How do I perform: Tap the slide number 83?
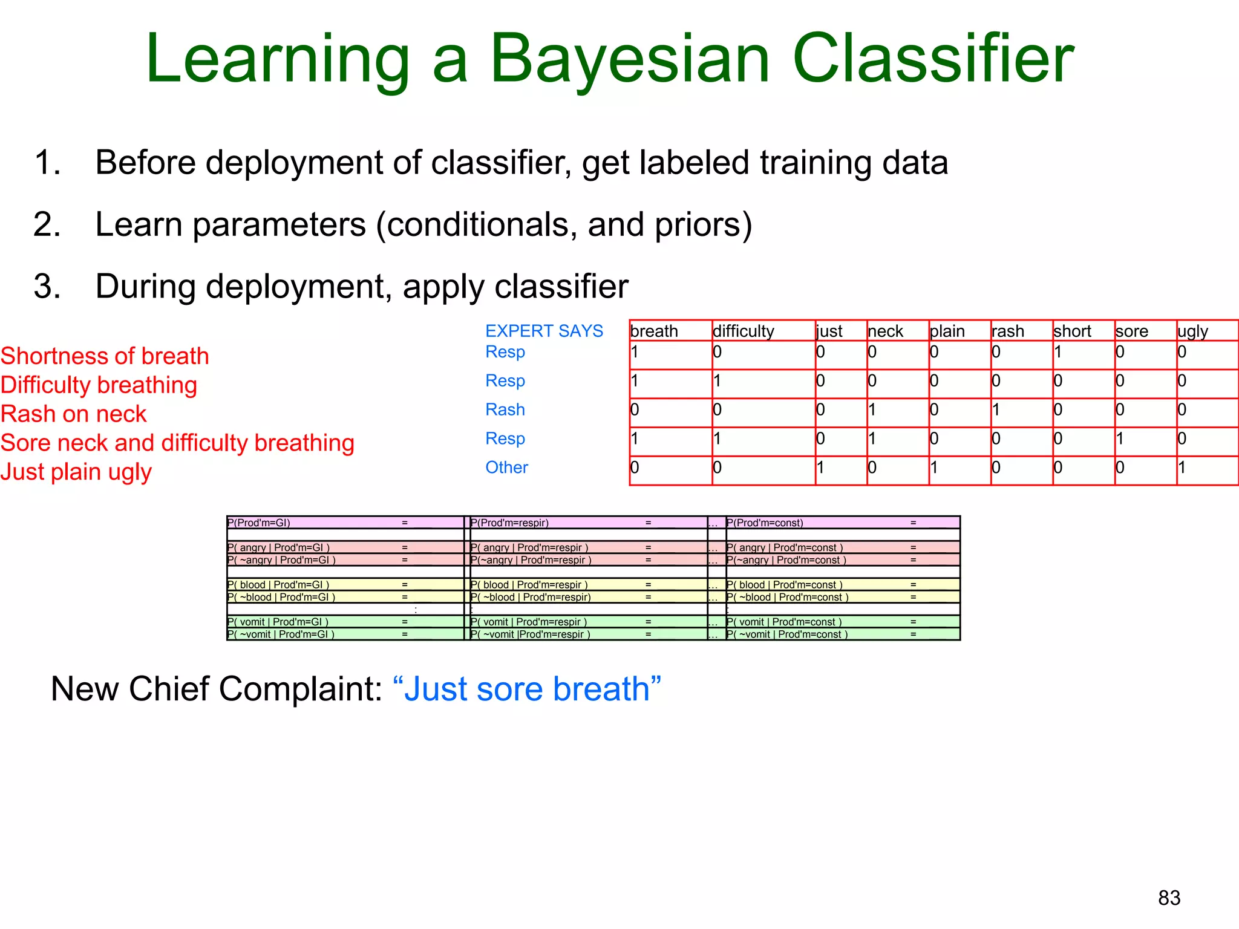point(1169,898)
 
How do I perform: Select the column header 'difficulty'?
point(743,331)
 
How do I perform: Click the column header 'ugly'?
point(1192,331)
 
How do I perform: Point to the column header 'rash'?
point(1008,331)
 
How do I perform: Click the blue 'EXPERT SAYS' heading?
point(544,331)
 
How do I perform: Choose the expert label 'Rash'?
point(505,409)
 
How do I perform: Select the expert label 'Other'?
point(506,468)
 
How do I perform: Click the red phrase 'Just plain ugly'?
point(76,472)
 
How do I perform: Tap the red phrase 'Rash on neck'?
point(74,414)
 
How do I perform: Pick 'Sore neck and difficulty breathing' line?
point(177,443)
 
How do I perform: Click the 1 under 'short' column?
point(1058,352)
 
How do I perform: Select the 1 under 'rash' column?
point(996,410)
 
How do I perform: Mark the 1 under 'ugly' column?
point(1182,468)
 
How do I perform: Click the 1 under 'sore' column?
point(1120,438)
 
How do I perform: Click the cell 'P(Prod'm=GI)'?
point(259,523)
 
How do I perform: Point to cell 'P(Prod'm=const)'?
point(765,523)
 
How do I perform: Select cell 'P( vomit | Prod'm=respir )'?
point(529,622)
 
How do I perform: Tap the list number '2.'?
point(47,224)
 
